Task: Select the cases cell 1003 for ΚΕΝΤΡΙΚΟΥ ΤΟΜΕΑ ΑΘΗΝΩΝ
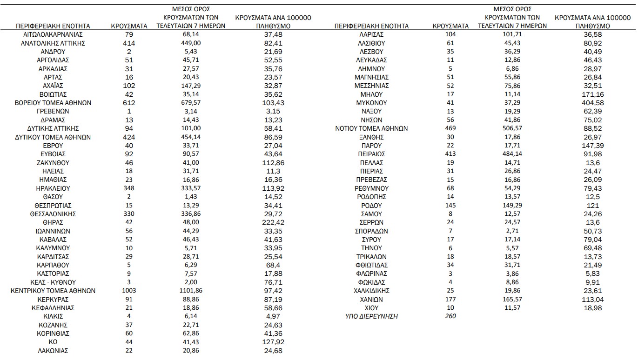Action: [129, 291]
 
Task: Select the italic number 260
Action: [450, 316]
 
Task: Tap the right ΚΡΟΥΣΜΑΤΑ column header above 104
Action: [450, 26]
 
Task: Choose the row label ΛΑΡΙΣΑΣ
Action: [371, 34]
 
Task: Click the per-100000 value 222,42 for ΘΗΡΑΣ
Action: [273, 222]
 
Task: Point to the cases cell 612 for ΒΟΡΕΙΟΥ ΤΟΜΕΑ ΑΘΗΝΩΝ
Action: [129, 103]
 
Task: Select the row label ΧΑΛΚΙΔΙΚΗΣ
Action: [371, 291]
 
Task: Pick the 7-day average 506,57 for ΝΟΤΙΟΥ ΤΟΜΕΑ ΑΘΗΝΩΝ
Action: [512, 128]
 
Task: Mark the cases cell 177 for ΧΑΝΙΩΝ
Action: [450, 300]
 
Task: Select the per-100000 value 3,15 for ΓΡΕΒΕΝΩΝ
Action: [273, 111]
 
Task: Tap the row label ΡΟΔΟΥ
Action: [371, 206]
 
